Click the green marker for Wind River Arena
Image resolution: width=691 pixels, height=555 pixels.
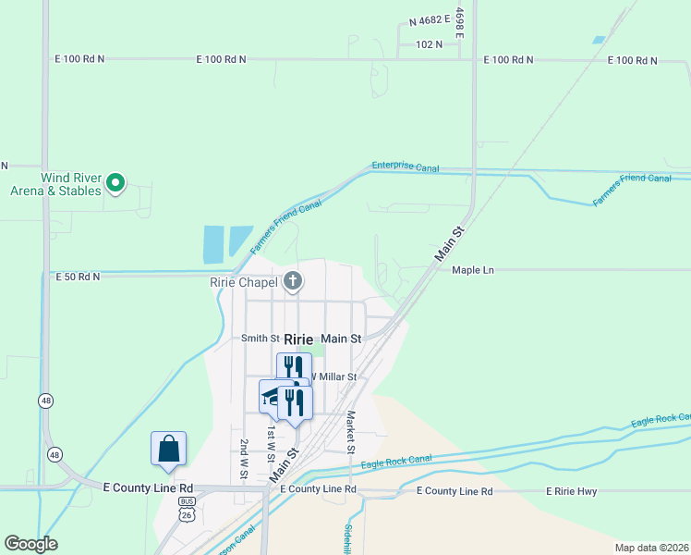pos(115,183)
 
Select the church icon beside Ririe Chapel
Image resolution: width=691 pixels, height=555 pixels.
pos(293,281)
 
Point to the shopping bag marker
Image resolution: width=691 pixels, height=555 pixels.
pos(169,450)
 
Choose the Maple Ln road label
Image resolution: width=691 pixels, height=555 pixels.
pos(474,270)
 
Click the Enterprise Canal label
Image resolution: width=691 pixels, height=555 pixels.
pos(406,167)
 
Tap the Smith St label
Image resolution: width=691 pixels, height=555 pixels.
pos(260,339)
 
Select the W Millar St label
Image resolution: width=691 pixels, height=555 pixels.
pos(331,376)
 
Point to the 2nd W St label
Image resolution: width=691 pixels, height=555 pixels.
pos(245,459)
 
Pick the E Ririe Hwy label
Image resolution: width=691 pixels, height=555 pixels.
pos(575,490)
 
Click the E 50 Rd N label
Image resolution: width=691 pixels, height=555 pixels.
pos(78,277)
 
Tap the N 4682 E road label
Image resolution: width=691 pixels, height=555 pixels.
pos(429,18)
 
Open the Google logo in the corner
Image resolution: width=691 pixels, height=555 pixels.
pos(30,544)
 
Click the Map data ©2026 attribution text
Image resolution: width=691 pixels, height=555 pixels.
pos(650,548)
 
